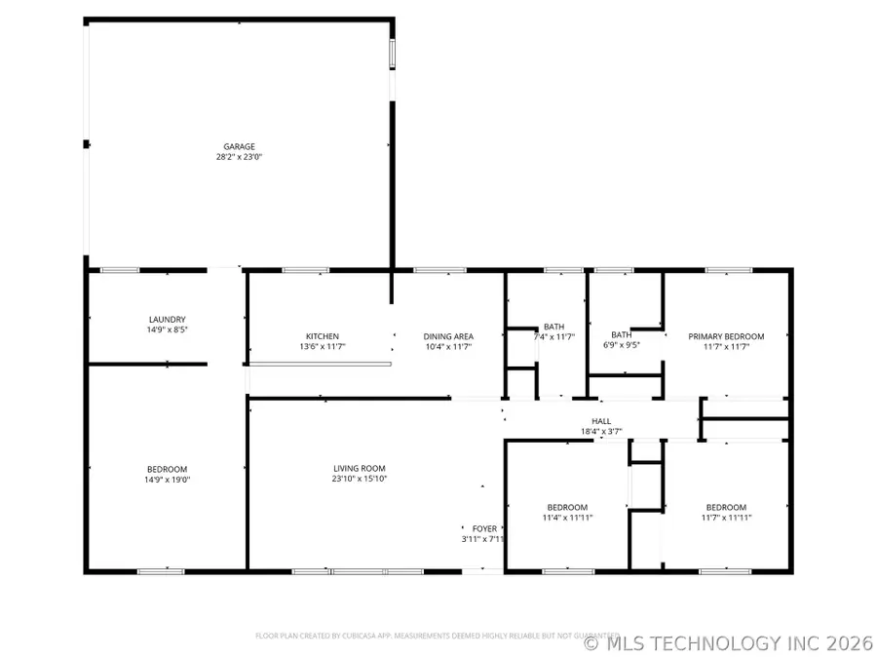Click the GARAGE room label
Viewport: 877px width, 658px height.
pyautogui.click(x=239, y=146)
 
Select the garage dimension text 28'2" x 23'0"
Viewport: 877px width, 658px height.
pyautogui.click(x=239, y=156)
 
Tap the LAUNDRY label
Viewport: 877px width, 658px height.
pyautogui.click(x=167, y=319)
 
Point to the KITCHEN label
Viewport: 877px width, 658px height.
pyautogui.click(x=323, y=336)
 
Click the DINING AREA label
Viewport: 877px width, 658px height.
pyautogui.click(x=448, y=336)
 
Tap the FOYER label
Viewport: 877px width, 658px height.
pyautogui.click(x=484, y=527)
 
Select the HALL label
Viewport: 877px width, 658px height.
pyautogui.click(x=601, y=420)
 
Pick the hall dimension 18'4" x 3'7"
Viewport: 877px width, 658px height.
pyautogui.click(x=601, y=431)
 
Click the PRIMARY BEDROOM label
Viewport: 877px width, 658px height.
pyautogui.click(x=726, y=336)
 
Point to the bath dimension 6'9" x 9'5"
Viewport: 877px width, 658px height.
pyautogui.click(x=621, y=345)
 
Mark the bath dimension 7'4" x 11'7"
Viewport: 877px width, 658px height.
pyautogui.click(x=554, y=337)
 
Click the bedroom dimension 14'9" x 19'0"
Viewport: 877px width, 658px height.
pyautogui.click(x=167, y=479)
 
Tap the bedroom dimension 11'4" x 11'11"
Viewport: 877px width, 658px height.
pyautogui.click(x=567, y=518)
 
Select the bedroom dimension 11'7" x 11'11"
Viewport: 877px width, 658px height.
pyautogui.click(x=726, y=518)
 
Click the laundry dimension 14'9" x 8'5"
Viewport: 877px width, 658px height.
pyautogui.click(x=167, y=329)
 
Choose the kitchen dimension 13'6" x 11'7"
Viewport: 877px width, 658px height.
pyautogui.click(x=323, y=346)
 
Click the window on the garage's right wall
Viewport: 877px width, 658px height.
pyautogui.click(x=393, y=54)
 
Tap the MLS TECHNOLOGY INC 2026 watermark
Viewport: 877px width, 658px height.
pyautogui.click(x=729, y=643)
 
